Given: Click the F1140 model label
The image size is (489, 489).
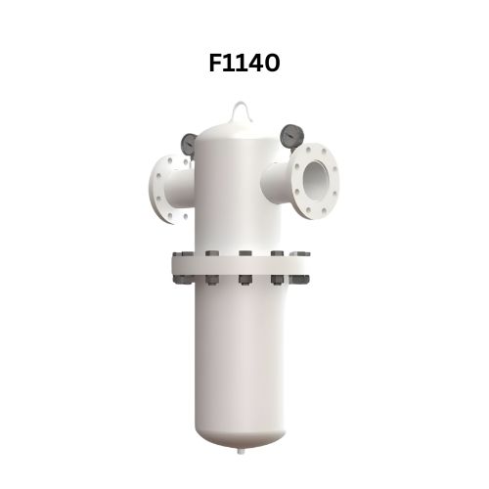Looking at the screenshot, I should pyautogui.click(x=244, y=64).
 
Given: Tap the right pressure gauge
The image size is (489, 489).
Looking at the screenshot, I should pyautogui.click(x=289, y=136).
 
